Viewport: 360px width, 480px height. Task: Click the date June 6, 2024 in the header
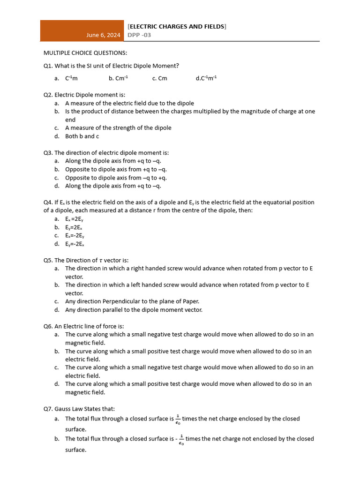coord(104,35)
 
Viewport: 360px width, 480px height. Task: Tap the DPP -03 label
coord(139,35)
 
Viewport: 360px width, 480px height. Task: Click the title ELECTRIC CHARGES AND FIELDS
coord(177,27)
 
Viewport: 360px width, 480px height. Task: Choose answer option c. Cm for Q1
coord(159,79)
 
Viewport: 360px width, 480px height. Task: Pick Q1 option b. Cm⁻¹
coord(118,79)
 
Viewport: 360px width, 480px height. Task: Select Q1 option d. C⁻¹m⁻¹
coord(206,79)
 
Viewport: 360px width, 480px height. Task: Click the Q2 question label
coord(49,95)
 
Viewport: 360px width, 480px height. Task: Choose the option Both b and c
coord(82,136)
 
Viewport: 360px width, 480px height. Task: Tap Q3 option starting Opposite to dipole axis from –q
coord(116,178)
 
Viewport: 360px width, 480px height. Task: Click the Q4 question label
coord(49,202)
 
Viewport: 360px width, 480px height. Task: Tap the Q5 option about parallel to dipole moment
coord(134,310)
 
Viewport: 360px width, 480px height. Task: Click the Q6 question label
coord(49,326)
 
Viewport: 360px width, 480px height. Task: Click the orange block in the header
coord(82,30)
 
